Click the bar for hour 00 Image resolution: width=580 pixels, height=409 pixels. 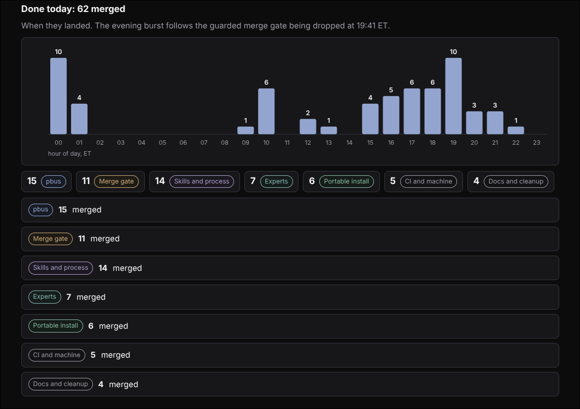58,96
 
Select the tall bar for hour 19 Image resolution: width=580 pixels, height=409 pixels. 453,96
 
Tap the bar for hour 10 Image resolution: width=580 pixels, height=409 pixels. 266,111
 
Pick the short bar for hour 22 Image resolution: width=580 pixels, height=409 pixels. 515,131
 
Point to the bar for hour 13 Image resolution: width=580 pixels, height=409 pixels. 329,131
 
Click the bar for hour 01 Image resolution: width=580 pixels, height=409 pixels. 79,119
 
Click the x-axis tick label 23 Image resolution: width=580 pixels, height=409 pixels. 536,143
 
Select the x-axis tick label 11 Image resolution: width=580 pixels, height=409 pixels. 287,143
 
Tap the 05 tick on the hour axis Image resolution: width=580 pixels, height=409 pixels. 162,143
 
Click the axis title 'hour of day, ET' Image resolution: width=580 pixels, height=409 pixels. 69,153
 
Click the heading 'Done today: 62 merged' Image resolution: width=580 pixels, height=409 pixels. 73,9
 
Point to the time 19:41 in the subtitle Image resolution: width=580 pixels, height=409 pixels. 366,26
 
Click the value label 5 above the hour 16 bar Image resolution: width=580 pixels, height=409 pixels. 391,90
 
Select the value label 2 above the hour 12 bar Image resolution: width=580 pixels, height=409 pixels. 308,113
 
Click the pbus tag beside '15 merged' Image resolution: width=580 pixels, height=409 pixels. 40,210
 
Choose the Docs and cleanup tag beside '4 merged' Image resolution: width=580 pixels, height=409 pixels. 61,384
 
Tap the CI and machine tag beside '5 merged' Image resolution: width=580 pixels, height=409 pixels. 57,355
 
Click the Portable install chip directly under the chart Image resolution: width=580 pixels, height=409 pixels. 347,181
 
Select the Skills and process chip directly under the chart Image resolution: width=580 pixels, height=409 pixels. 202,181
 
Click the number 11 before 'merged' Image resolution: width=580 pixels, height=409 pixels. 82,239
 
